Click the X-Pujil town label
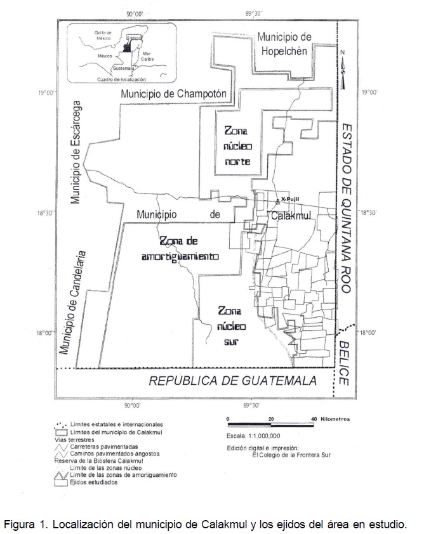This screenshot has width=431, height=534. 289,199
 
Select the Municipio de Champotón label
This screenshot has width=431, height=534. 173,94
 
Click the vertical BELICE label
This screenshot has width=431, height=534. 343,362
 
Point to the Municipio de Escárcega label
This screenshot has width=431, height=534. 76,152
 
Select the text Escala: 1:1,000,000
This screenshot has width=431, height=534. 253,436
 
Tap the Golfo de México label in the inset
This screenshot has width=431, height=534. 103,35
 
